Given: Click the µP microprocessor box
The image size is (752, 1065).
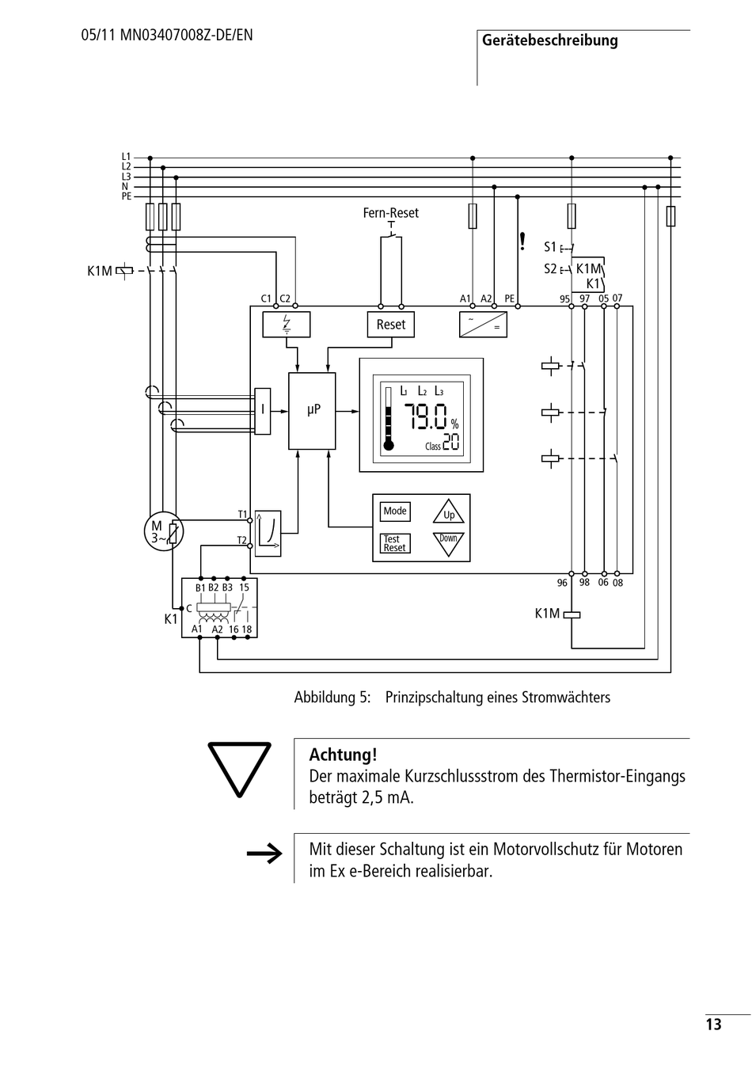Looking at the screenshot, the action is coord(312,411).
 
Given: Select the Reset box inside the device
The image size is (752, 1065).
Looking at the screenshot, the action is coord(391,325).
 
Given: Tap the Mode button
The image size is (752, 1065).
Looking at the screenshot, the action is coord(395,511).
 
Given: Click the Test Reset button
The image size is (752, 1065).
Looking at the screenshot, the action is coord(395,543).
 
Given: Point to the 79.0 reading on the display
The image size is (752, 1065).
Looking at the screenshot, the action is coord(425,417).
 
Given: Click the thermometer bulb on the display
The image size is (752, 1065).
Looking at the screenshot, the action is coord(389,446).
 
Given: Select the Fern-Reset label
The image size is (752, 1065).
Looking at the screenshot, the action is coord(391,212).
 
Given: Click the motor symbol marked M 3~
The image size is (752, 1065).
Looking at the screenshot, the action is coord(164,531).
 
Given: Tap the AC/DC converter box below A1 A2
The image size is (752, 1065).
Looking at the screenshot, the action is coord(483,325).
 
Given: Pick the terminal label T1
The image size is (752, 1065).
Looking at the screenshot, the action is coord(242,515).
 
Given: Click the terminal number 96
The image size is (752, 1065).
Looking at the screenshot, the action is coord(562,583).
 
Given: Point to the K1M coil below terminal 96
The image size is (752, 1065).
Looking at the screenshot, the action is coord(572,614).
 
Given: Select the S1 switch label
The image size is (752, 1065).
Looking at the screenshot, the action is coord(550,247).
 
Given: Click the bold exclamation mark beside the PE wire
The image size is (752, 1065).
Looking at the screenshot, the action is coord(522,242).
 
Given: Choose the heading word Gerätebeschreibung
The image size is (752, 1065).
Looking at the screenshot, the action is coord(550,41).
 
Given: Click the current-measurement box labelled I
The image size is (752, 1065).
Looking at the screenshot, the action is coord(262,411).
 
